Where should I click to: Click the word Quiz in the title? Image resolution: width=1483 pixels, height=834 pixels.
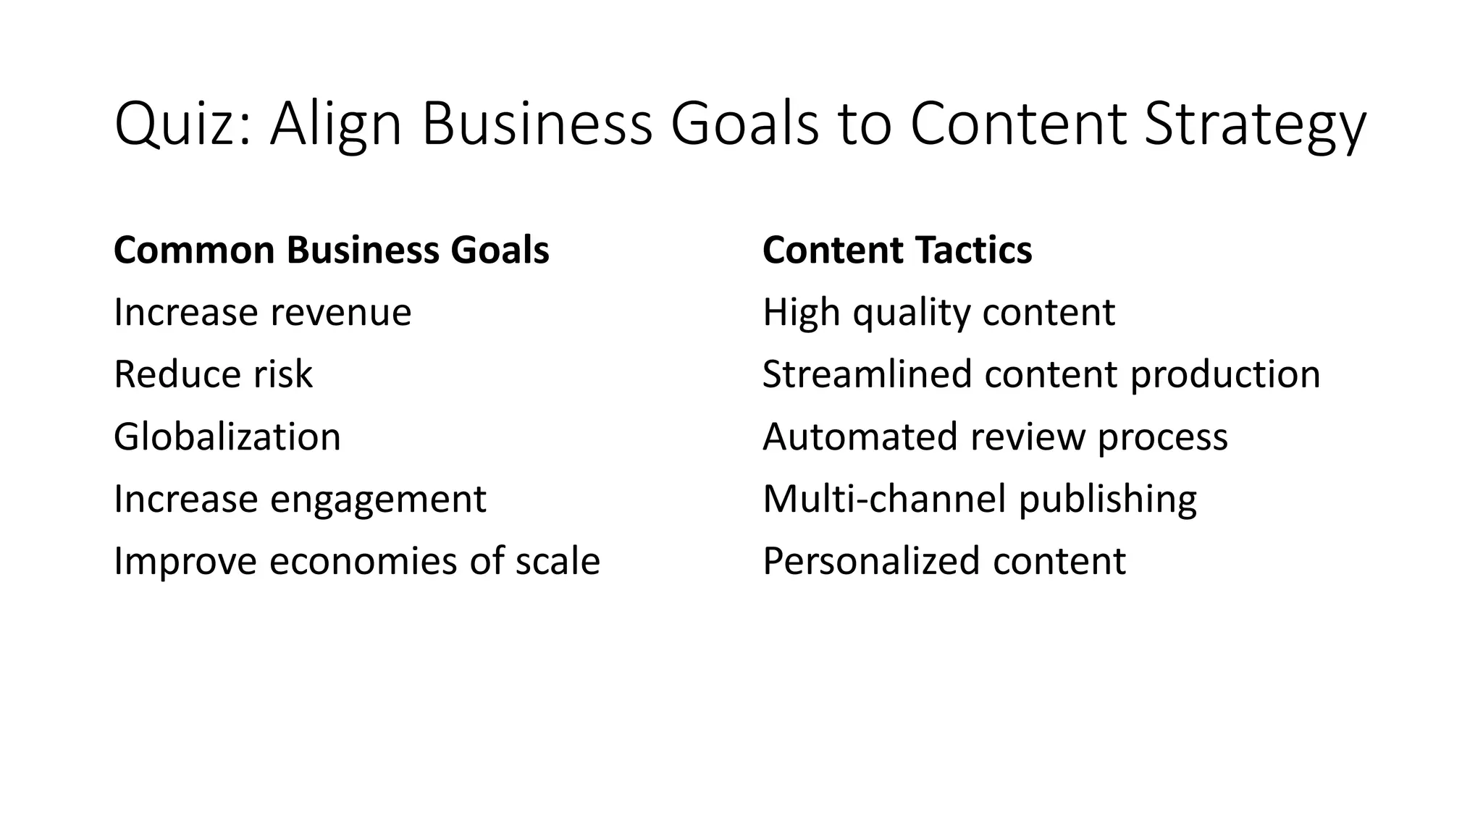181,125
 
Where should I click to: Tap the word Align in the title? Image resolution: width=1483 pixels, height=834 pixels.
335,125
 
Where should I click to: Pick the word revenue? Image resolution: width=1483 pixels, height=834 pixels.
341,313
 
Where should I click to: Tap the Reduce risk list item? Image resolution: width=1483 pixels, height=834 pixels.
213,375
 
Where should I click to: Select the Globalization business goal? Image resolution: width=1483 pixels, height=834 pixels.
227,437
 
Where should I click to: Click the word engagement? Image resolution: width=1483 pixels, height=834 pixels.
378,500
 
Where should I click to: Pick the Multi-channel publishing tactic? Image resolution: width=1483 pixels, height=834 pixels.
979,500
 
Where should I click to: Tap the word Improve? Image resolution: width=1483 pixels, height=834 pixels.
185,562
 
